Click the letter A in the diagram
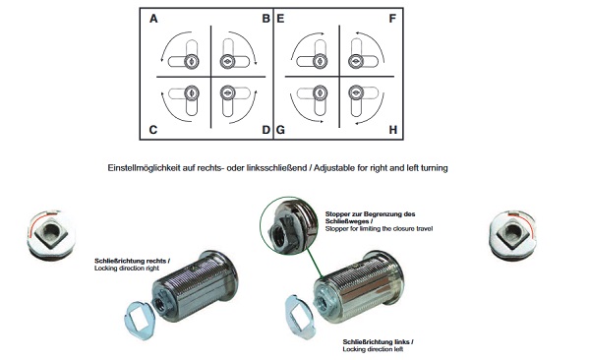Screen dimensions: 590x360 click(153, 19)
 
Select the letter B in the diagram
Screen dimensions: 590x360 click(266, 19)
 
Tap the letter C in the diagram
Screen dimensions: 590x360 click(152, 130)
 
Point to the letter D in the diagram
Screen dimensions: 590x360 click(266, 130)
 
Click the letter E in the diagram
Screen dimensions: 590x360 click(280, 19)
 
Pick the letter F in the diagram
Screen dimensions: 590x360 click(392, 19)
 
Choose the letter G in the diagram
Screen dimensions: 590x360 click(280, 130)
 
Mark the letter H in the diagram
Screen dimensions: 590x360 click(392, 130)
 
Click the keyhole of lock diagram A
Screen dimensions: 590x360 click(192, 61)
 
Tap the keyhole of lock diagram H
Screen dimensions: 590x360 click(356, 91)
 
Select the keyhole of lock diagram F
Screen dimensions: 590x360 click(356, 61)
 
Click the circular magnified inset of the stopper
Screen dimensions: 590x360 click(288, 225)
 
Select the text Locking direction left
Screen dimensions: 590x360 click(373, 349)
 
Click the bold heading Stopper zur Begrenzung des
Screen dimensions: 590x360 click(371, 213)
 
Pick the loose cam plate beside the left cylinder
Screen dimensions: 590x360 click(140, 320)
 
